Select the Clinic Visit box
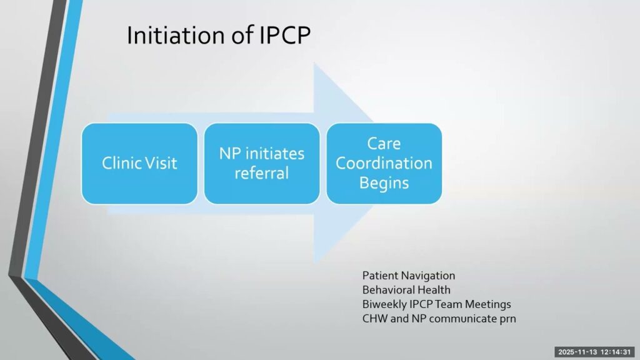point(139,164)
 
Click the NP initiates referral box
point(262,164)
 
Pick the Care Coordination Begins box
point(384,164)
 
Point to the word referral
point(262,173)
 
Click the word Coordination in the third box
point(384,164)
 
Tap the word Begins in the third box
point(384,183)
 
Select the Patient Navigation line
point(409,276)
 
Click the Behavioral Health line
point(406,290)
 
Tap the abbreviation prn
point(507,319)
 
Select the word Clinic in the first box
point(121,164)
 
